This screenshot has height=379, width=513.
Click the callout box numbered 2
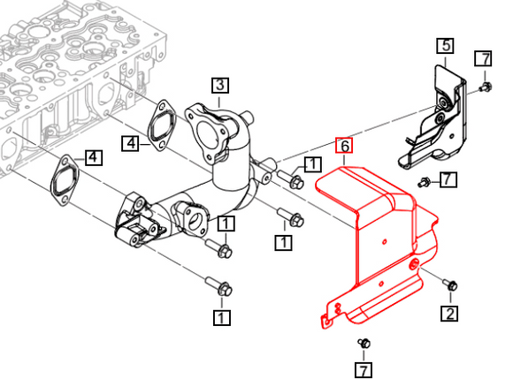tap(450, 314)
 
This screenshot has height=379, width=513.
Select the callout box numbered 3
tap(220, 86)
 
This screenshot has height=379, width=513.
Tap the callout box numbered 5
tap(445, 45)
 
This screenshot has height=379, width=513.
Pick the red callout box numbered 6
tap(345, 146)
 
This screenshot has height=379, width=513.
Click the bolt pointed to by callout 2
tap(450, 284)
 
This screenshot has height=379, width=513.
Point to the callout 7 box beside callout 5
tap(483, 59)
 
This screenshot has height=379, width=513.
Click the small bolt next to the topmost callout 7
tap(485, 87)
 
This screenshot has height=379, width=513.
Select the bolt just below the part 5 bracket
tap(425, 182)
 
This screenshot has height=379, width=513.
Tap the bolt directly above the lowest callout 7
tap(364, 343)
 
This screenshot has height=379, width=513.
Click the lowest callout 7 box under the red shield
tap(364, 370)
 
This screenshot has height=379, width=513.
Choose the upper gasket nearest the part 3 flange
tap(162, 125)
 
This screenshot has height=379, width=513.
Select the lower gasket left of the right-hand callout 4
tap(65, 180)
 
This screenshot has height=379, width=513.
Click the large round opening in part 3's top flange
tap(207, 134)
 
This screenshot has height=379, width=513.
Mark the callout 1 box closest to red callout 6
tap(312, 164)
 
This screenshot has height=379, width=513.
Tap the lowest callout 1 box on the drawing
tap(222, 317)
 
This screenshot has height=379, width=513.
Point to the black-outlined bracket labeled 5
tap(433, 117)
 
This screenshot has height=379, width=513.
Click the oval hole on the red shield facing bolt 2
tap(414, 263)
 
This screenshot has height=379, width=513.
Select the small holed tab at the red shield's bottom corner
tap(326, 322)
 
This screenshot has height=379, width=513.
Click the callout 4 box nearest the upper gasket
tap(131, 143)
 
